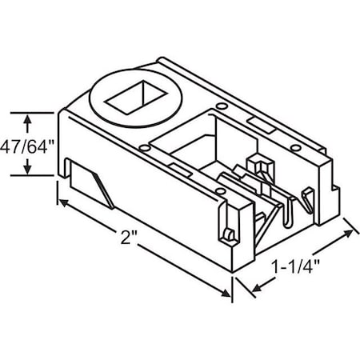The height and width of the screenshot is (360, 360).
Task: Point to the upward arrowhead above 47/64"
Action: [29, 121]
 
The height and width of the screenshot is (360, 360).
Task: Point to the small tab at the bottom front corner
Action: [226, 234]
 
